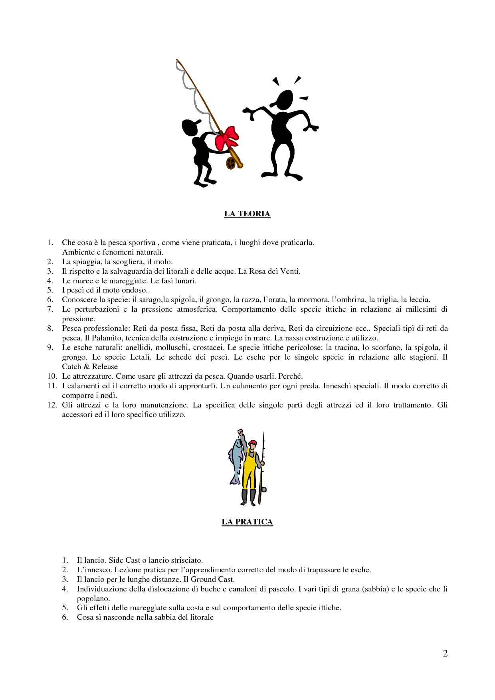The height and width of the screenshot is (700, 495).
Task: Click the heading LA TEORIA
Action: (x=247, y=214)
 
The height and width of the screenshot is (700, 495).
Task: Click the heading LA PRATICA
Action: (x=247, y=522)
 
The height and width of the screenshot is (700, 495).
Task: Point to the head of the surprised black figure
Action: (x=285, y=100)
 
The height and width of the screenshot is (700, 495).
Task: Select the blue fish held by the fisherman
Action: (x=236, y=459)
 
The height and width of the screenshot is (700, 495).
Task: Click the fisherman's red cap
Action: (x=252, y=443)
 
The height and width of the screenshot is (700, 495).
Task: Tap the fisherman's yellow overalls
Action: (x=250, y=467)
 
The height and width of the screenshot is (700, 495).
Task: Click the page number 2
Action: (x=445, y=653)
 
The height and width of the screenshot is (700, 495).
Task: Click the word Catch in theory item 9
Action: (x=71, y=367)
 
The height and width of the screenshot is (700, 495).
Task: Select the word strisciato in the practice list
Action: (x=186, y=560)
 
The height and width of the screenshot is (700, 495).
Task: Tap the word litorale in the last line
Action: (x=200, y=617)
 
